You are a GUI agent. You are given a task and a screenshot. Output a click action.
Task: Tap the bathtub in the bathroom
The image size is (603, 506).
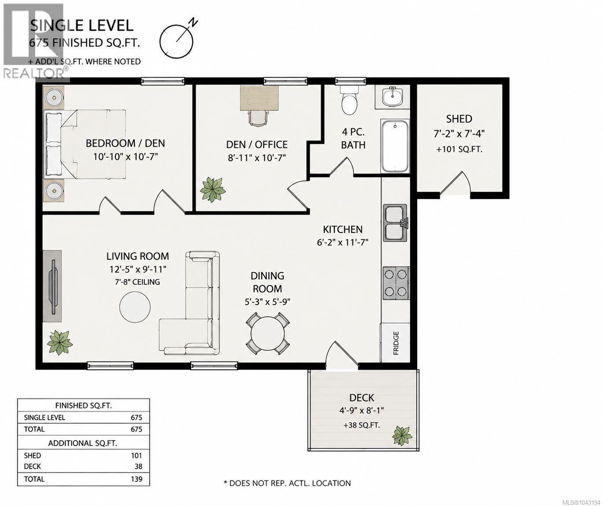pyautogui.click(x=395, y=146)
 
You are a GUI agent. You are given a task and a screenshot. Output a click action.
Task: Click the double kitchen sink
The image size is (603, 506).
pyautogui.click(x=395, y=223)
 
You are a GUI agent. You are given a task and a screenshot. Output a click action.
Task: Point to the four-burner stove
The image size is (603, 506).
pyautogui.click(x=396, y=283)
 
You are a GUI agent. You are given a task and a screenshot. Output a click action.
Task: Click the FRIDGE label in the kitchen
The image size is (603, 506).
pyautogui.click(x=396, y=343)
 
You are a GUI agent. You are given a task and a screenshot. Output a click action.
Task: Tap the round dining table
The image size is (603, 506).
pyautogui.click(x=267, y=333)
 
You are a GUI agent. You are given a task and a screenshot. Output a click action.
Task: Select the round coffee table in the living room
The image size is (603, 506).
pyautogui.click(x=135, y=307)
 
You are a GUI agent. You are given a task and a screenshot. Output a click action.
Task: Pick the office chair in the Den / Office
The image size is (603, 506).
pyautogui.click(x=257, y=118)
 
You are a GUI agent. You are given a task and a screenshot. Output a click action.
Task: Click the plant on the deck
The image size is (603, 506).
pyautogui.click(x=402, y=436)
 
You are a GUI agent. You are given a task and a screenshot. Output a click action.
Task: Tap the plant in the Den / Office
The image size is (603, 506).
pyautogui.click(x=213, y=190)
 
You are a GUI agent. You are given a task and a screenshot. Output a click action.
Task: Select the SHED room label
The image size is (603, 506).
pyautogui.click(x=459, y=119)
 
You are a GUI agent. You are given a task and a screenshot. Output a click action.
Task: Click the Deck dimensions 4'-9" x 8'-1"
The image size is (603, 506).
pyautogui.click(x=362, y=410)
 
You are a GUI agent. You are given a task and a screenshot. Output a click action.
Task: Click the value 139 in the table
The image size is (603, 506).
pyautogui.click(x=136, y=479)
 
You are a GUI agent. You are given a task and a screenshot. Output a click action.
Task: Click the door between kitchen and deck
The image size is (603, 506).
pyautogui.click(x=342, y=355)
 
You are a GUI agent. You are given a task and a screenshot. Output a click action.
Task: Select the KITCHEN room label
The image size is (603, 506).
pyautogui.click(x=343, y=229)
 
